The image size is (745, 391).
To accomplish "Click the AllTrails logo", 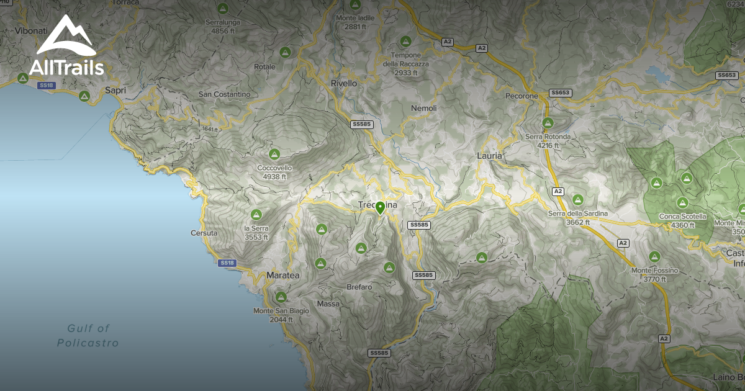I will click(x=66, y=46).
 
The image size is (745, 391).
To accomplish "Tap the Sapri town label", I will click(x=115, y=90).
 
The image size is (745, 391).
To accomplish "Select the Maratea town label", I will click(x=282, y=274).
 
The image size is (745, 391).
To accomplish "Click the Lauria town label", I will click(x=489, y=156).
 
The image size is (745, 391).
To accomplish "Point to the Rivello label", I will click(x=344, y=83).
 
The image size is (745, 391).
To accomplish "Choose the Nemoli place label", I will click(x=424, y=108).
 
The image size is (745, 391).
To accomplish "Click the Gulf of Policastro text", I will click(x=88, y=335).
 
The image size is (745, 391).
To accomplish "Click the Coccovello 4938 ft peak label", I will click(x=274, y=172).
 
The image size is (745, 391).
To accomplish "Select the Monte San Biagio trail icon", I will click(x=281, y=297).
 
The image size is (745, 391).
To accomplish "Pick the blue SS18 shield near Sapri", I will click(x=46, y=86).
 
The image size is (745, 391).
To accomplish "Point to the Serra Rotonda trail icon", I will click(x=548, y=123).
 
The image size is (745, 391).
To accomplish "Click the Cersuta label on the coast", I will click(x=204, y=233).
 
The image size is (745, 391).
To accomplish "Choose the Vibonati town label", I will click(x=27, y=30).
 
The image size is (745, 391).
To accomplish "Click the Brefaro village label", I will click(x=359, y=287).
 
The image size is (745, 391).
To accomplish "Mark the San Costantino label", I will click(x=224, y=94).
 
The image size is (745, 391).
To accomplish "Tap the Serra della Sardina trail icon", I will click(x=578, y=200).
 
